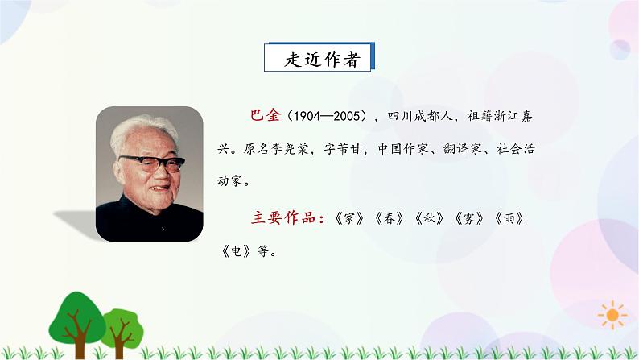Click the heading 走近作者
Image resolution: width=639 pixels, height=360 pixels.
(x=321, y=59)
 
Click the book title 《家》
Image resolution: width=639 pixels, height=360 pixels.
(x=347, y=217)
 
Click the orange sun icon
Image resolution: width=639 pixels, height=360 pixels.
(x=613, y=312)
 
